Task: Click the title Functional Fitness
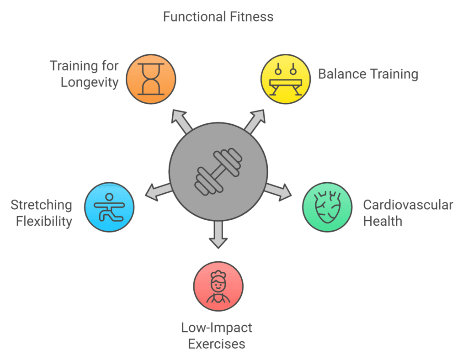(218, 17)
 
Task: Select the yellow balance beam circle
(285, 79)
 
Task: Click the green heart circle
(327, 206)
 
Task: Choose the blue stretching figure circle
(109, 206)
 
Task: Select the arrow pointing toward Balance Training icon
(255, 120)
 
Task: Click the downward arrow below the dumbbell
(218, 235)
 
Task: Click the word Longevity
(90, 82)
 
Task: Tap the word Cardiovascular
(408, 204)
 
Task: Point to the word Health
(383, 221)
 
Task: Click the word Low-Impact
(217, 327)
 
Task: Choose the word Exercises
(217, 344)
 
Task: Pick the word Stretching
(42, 205)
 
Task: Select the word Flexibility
(44, 221)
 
